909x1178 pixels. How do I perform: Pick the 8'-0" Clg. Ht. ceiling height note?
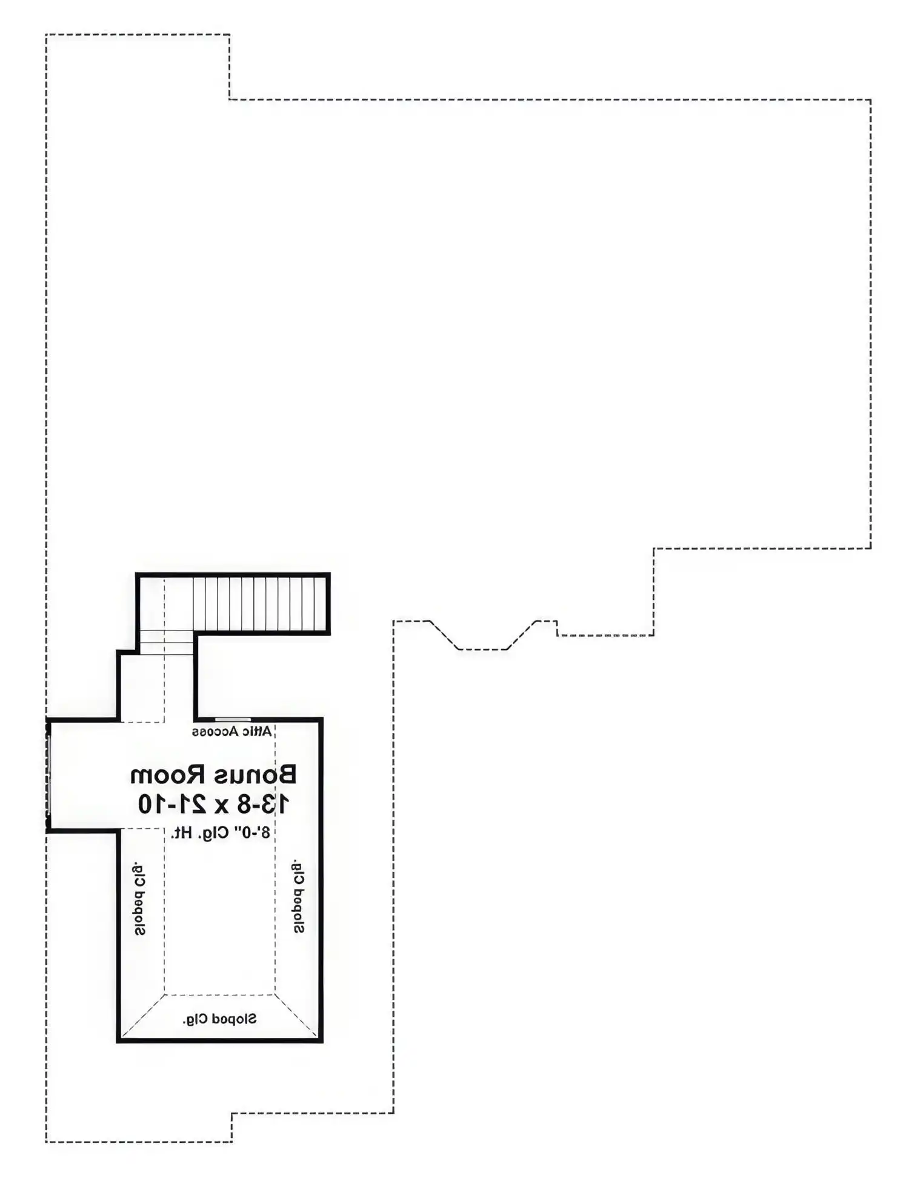pos(221,833)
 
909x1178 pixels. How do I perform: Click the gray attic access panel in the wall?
pos(233,720)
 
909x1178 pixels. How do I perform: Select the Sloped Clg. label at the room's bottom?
pos(219,1019)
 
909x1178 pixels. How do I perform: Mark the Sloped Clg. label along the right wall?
pos(299,895)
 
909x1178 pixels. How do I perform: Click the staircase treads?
pos(259,603)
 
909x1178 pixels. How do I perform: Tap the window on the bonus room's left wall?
pos(48,774)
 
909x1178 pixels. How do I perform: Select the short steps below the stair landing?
pos(166,643)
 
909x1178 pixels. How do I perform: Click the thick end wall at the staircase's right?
pos(328,604)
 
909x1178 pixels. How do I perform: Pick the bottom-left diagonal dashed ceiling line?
pos(142,1016)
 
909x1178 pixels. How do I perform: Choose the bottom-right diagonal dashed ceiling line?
pos(296,1016)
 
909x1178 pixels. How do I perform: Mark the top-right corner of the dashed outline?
pos(871,99)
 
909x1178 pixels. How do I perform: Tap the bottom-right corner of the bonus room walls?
pos(321,1041)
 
